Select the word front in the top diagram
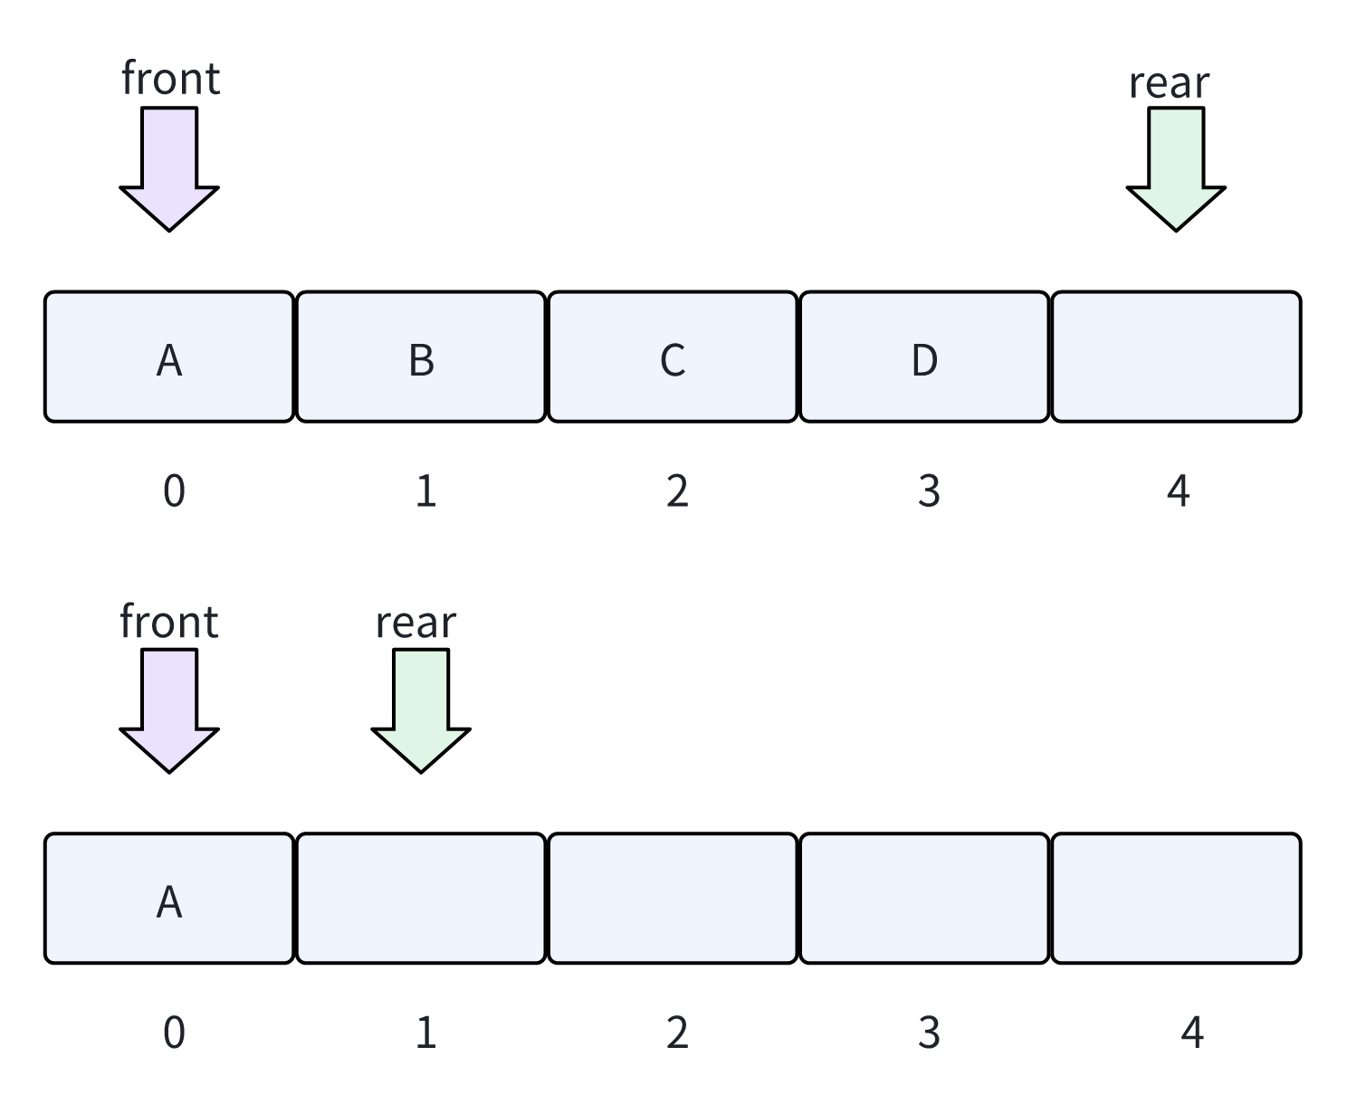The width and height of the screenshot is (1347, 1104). point(170,79)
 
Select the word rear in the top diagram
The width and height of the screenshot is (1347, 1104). point(1169,83)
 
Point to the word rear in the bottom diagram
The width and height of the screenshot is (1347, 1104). point(416,623)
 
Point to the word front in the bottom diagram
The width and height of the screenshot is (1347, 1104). point(169,622)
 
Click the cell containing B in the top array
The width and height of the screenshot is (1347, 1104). point(421,357)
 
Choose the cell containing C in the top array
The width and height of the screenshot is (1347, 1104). point(673,357)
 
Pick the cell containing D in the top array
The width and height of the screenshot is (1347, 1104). point(924,357)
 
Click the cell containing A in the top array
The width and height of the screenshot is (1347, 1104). point(169,357)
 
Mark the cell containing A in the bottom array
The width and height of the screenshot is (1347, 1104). point(169,899)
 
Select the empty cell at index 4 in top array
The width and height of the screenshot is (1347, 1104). point(1176,357)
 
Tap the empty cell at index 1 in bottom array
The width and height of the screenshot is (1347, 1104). point(421,899)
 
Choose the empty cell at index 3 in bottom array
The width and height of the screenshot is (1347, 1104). point(924,899)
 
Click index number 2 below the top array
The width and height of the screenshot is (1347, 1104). point(677,491)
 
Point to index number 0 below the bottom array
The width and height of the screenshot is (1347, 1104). point(174,1033)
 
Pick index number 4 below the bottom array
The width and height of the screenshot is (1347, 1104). point(1192,1033)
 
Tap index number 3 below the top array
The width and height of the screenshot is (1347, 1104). point(929,491)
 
